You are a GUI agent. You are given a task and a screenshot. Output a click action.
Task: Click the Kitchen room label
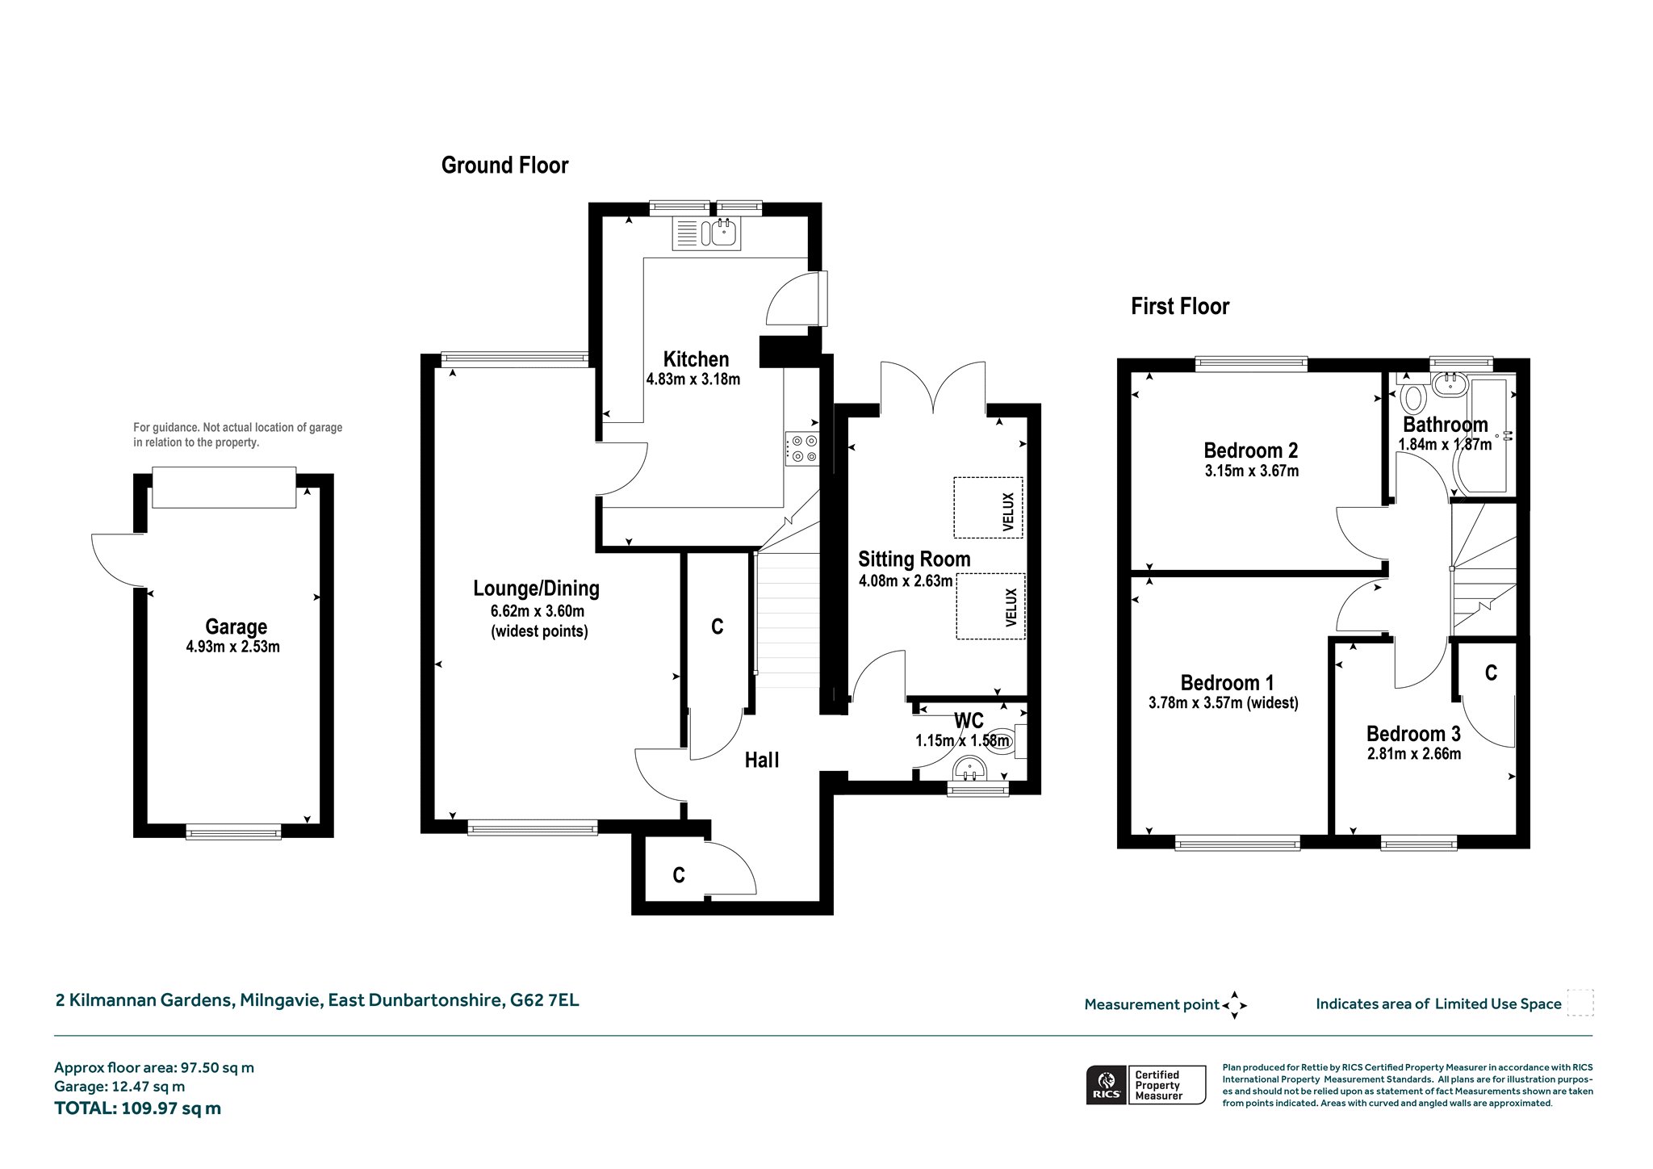[x=696, y=359]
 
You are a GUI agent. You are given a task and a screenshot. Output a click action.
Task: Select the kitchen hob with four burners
[x=802, y=449]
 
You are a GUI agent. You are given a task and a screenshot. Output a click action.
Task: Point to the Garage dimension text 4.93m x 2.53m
[x=232, y=647]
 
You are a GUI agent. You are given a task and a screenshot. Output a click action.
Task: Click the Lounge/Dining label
[x=536, y=589]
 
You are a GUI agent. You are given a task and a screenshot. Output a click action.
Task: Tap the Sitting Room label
[x=914, y=559]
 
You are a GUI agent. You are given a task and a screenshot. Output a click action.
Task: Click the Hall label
[x=762, y=760]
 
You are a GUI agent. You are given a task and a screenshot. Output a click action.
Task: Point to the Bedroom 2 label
[x=1250, y=450]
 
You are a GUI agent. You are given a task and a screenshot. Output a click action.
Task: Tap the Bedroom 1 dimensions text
[x=1223, y=703]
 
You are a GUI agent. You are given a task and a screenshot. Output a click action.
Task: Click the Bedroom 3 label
[x=1413, y=734]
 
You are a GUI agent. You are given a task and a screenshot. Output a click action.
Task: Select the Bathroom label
[x=1445, y=425]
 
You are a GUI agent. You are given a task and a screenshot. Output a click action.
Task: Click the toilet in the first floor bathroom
[x=1412, y=397]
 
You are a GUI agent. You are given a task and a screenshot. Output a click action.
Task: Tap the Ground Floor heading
[x=504, y=166]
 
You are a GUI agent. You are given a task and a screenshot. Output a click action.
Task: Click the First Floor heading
[x=1179, y=306]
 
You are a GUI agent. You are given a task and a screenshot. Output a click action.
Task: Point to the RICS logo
[x=1105, y=1084]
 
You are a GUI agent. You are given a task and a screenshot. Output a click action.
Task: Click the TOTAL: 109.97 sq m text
[x=137, y=1108]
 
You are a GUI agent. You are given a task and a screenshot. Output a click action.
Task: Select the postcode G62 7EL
[x=544, y=1000]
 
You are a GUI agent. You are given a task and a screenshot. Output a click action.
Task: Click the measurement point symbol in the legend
[x=1234, y=1005]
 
